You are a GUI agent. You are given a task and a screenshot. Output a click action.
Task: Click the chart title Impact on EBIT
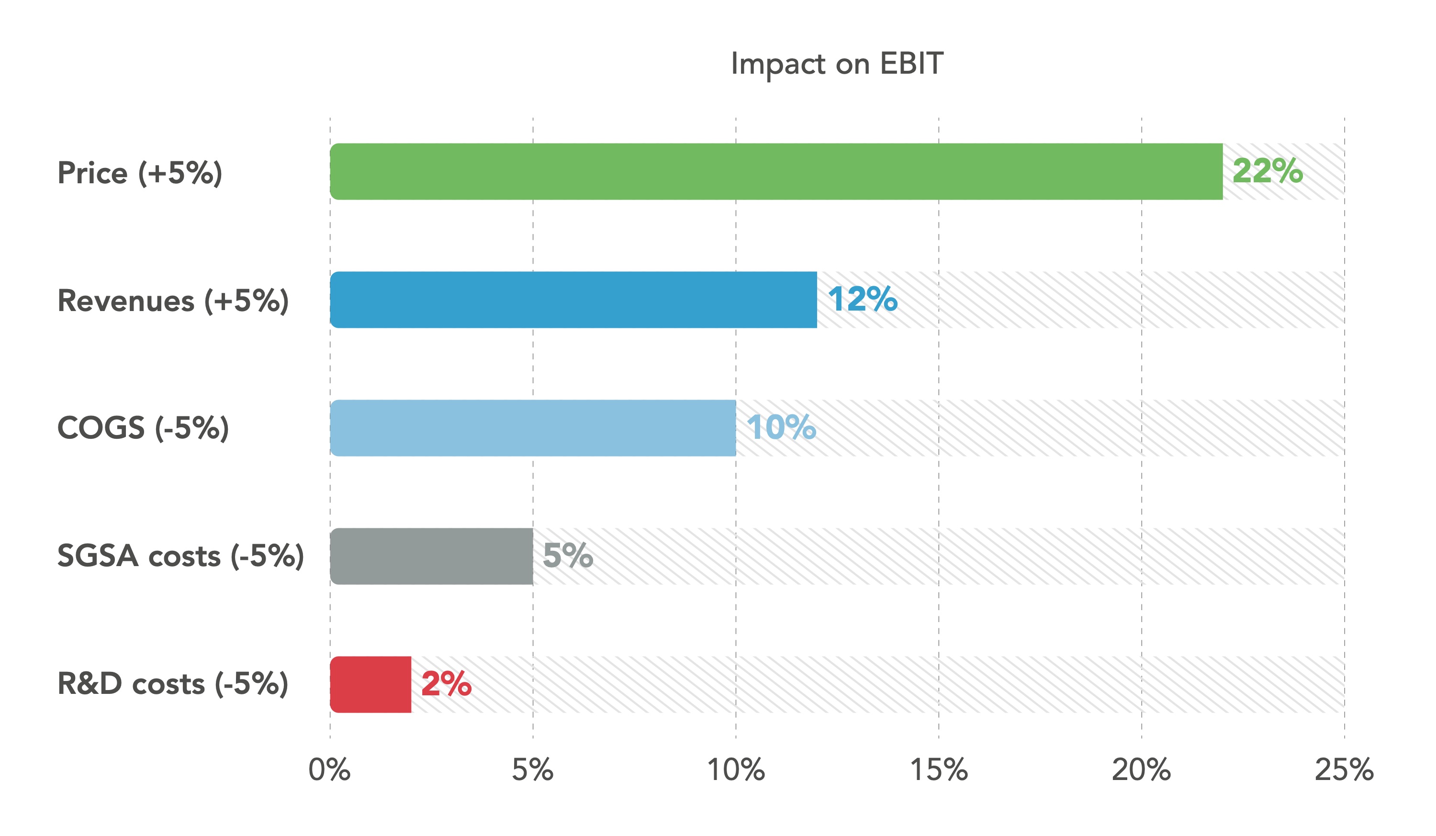tap(837, 64)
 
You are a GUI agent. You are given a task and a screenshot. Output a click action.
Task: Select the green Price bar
tap(776, 171)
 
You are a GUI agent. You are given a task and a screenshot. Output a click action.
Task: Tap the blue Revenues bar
tap(573, 300)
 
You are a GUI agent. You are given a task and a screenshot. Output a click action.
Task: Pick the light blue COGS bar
tap(533, 428)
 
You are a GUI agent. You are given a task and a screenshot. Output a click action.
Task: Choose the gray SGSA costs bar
tap(431, 556)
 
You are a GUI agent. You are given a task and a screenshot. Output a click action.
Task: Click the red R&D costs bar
tap(370, 684)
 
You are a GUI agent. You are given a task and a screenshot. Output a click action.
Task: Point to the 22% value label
tap(1268, 171)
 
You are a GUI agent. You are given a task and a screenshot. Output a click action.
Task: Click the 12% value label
tap(863, 299)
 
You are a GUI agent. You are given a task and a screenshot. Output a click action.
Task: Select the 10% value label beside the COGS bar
tap(781, 427)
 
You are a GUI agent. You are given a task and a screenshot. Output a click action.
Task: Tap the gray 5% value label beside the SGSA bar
tap(568, 556)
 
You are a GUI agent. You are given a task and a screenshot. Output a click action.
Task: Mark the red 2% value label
tap(446, 684)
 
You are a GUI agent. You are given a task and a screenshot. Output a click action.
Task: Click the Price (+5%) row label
tap(140, 173)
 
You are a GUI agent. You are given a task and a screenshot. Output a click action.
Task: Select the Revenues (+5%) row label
tap(173, 301)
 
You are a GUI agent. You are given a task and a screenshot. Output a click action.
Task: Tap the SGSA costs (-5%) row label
tap(180, 556)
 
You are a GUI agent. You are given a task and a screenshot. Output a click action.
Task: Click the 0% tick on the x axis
tap(329, 770)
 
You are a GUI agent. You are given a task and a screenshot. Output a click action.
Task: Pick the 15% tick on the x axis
tap(939, 770)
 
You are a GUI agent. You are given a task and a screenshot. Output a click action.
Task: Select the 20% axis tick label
tap(1142, 770)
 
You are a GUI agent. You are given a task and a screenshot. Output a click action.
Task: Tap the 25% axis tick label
tap(1344, 770)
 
